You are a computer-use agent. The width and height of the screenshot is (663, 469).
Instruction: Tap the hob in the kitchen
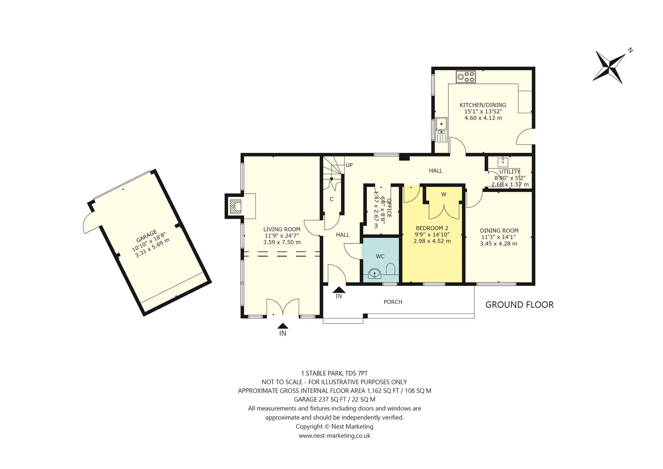[x=466, y=76]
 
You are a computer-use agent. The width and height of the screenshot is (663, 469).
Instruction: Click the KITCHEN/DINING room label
[x=483, y=105]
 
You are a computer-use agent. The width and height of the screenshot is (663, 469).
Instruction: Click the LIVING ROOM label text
[x=282, y=229]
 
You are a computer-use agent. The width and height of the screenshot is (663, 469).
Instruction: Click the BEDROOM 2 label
[x=432, y=228]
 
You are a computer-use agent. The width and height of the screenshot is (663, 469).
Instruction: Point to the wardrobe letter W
[x=444, y=194]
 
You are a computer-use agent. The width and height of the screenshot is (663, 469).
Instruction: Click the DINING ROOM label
[x=499, y=231]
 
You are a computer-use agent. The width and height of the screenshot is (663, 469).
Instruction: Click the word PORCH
[x=393, y=302]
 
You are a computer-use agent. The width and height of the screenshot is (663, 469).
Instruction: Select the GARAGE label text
[x=146, y=236]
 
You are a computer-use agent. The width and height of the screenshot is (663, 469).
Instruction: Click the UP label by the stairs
[x=349, y=165]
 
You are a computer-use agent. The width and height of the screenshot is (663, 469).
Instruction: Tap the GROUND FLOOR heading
[x=520, y=305]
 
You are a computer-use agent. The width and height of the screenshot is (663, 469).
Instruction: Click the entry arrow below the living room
[x=283, y=326]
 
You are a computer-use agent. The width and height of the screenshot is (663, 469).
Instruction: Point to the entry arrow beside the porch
[x=339, y=289]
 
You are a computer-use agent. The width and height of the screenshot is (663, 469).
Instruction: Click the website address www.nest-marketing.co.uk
[x=334, y=435]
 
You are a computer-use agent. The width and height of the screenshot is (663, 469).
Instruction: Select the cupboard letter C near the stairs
[x=332, y=199]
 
